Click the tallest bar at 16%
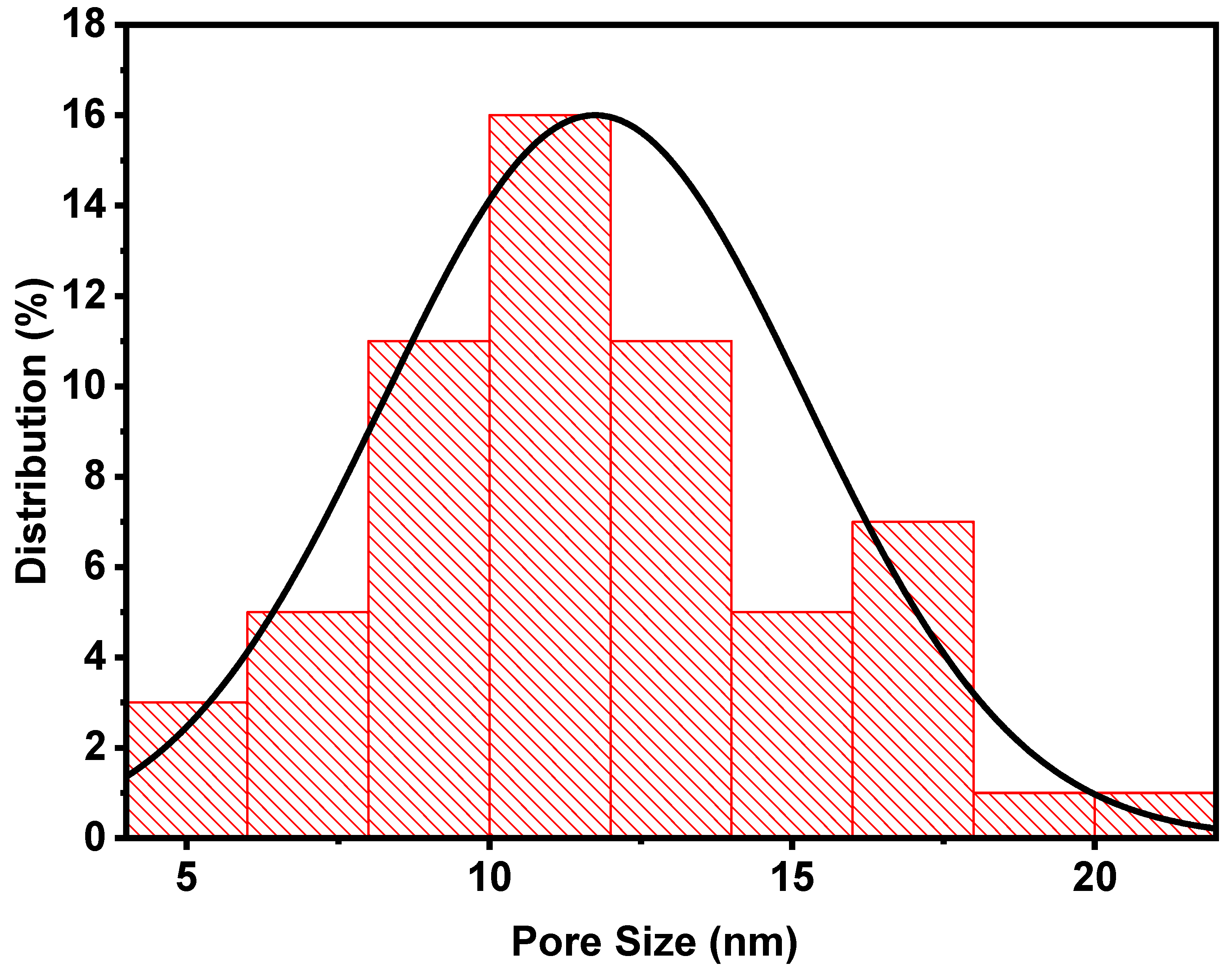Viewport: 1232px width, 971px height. [550, 475]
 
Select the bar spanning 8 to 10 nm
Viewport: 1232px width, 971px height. [429, 588]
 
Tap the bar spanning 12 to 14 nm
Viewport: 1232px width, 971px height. [671, 588]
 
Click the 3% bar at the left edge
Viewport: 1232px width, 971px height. [188, 769]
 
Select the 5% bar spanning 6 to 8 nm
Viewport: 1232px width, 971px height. [308, 723]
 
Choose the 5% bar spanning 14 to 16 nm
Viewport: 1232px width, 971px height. [792, 723]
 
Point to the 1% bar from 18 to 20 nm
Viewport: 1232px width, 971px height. [1034, 814]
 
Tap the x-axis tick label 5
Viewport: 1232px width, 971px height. [187, 877]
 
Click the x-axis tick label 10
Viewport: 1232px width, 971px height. [490, 877]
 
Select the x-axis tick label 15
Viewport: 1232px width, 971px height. [793, 877]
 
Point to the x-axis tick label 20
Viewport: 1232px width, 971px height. [1094, 877]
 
